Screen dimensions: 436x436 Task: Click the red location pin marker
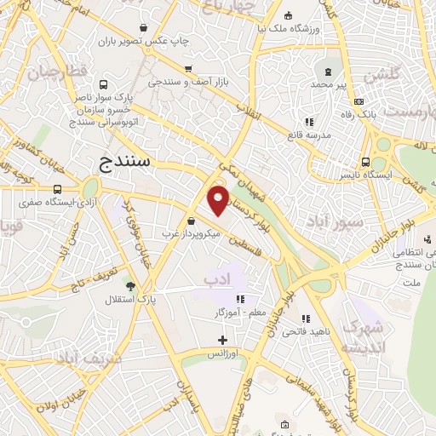[219, 200]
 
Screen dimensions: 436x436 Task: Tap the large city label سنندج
[124, 160]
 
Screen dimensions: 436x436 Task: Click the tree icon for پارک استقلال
[130, 287]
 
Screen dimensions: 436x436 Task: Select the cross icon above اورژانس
[223, 340]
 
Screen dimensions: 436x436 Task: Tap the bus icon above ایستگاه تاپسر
[365, 162]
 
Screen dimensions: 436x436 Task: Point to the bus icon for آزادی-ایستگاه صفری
[57, 190]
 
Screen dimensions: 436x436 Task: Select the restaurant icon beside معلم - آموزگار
[241, 299]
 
